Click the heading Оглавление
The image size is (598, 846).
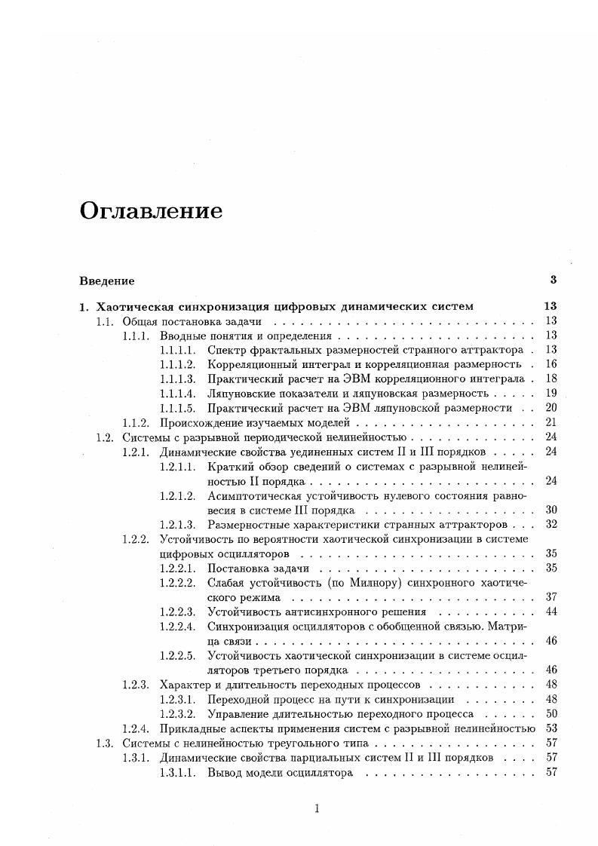(x=151, y=211)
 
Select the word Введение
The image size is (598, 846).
(x=107, y=281)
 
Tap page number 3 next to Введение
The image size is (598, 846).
(x=553, y=280)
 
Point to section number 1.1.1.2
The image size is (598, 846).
(x=178, y=364)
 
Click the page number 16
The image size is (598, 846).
(x=550, y=364)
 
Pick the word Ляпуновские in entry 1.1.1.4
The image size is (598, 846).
(x=240, y=394)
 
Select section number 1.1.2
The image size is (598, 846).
(x=137, y=422)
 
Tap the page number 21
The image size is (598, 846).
(x=550, y=422)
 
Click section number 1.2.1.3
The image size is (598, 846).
(x=178, y=524)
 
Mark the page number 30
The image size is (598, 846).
(x=550, y=510)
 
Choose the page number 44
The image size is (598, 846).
(x=550, y=612)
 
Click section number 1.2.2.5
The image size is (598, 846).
(x=178, y=655)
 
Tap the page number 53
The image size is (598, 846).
(x=550, y=728)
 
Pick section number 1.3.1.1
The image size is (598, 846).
(x=178, y=772)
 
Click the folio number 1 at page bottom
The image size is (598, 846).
(x=317, y=809)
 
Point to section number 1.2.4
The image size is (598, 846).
(x=137, y=728)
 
